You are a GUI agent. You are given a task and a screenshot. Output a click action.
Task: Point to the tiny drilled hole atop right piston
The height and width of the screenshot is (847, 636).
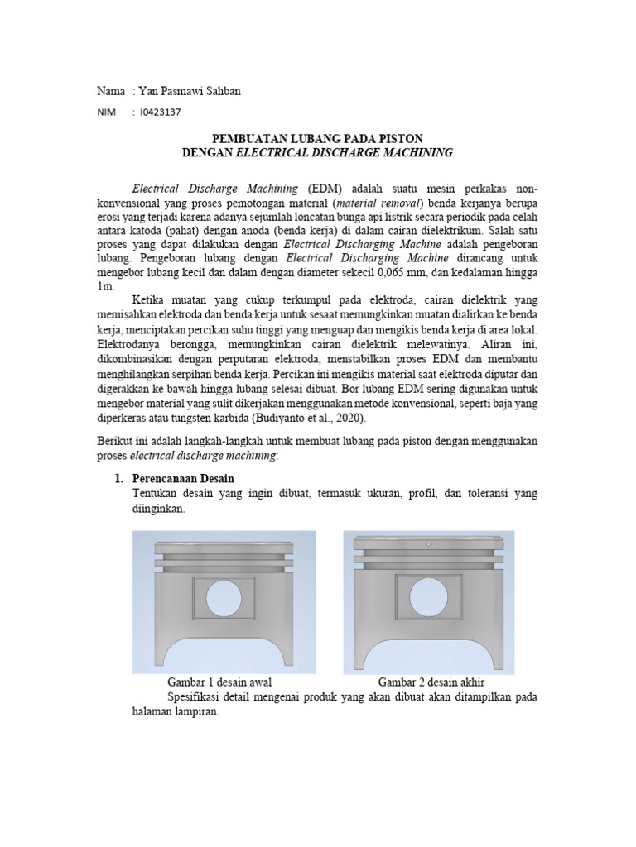[428, 544]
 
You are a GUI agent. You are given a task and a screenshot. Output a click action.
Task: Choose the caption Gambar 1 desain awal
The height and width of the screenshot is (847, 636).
[220, 682]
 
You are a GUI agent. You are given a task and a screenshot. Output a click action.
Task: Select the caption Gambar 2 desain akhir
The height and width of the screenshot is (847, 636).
[431, 682]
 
